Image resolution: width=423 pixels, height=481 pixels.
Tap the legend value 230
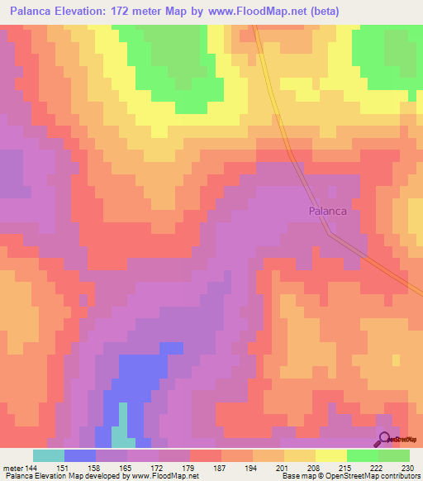click(x=407, y=468)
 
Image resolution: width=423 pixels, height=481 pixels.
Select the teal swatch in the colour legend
click(x=48, y=455)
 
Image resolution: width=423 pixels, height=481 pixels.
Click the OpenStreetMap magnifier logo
click(x=385, y=440)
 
